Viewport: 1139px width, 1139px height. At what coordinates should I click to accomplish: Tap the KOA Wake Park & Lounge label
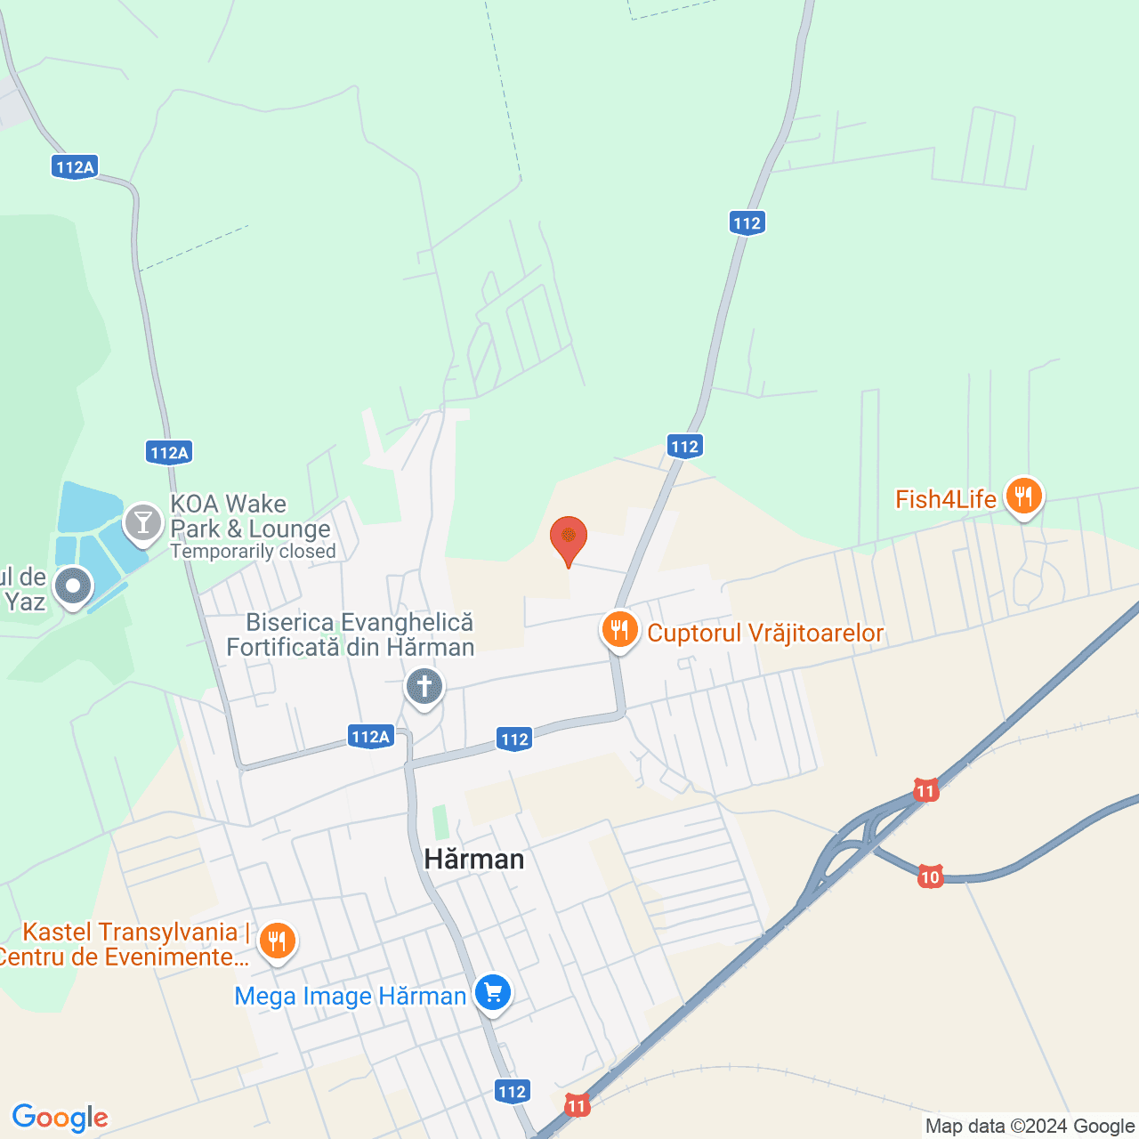(x=250, y=517)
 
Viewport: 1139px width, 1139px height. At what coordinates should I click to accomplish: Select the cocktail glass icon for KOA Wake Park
(x=142, y=522)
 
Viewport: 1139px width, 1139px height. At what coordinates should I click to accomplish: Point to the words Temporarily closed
(x=254, y=552)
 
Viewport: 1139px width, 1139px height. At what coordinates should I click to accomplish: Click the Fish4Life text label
(x=945, y=499)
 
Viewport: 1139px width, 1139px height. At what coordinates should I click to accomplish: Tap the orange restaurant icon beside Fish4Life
(x=1023, y=497)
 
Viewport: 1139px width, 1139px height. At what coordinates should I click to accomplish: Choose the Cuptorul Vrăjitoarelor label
(x=765, y=633)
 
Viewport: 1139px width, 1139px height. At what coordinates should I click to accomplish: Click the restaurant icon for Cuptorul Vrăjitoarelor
(x=619, y=630)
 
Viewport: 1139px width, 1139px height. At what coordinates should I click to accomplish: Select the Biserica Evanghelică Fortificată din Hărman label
(x=351, y=634)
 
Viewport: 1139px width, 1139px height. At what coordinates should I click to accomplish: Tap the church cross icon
(x=424, y=687)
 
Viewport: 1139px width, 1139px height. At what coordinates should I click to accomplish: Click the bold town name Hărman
(x=474, y=859)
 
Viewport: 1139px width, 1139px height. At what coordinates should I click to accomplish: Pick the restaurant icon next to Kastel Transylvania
(x=277, y=941)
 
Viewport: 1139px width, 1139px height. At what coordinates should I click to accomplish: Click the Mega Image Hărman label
(x=350, y=996)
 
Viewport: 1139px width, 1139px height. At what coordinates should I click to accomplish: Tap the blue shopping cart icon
(x=493, y=991)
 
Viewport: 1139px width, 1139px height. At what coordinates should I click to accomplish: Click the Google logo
(x=60, y=1118)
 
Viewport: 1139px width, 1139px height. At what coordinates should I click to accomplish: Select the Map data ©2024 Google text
(x=1030, y=1127)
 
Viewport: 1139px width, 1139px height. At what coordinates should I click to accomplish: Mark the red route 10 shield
(x=930, y=877)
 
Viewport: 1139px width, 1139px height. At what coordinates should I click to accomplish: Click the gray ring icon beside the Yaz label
(x=73, y=586)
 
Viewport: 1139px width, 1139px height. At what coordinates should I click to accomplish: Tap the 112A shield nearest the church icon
(x=370, y=737)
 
